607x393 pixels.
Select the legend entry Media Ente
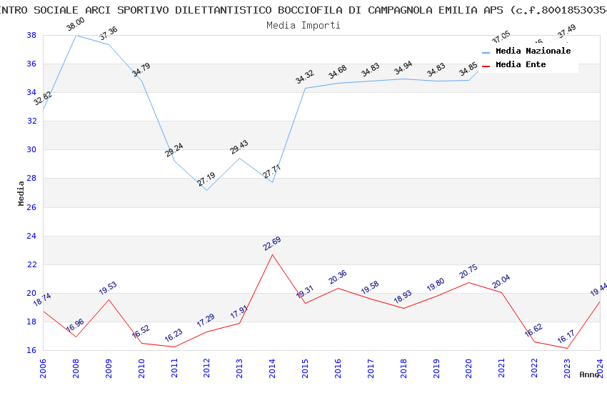coord(521,64)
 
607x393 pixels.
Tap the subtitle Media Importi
coord(303,25)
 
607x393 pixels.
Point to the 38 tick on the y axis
coord(31,35)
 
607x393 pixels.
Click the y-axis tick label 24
coord(31,236)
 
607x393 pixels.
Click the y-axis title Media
coord(21,193)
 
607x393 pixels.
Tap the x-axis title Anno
coord(589,374)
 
